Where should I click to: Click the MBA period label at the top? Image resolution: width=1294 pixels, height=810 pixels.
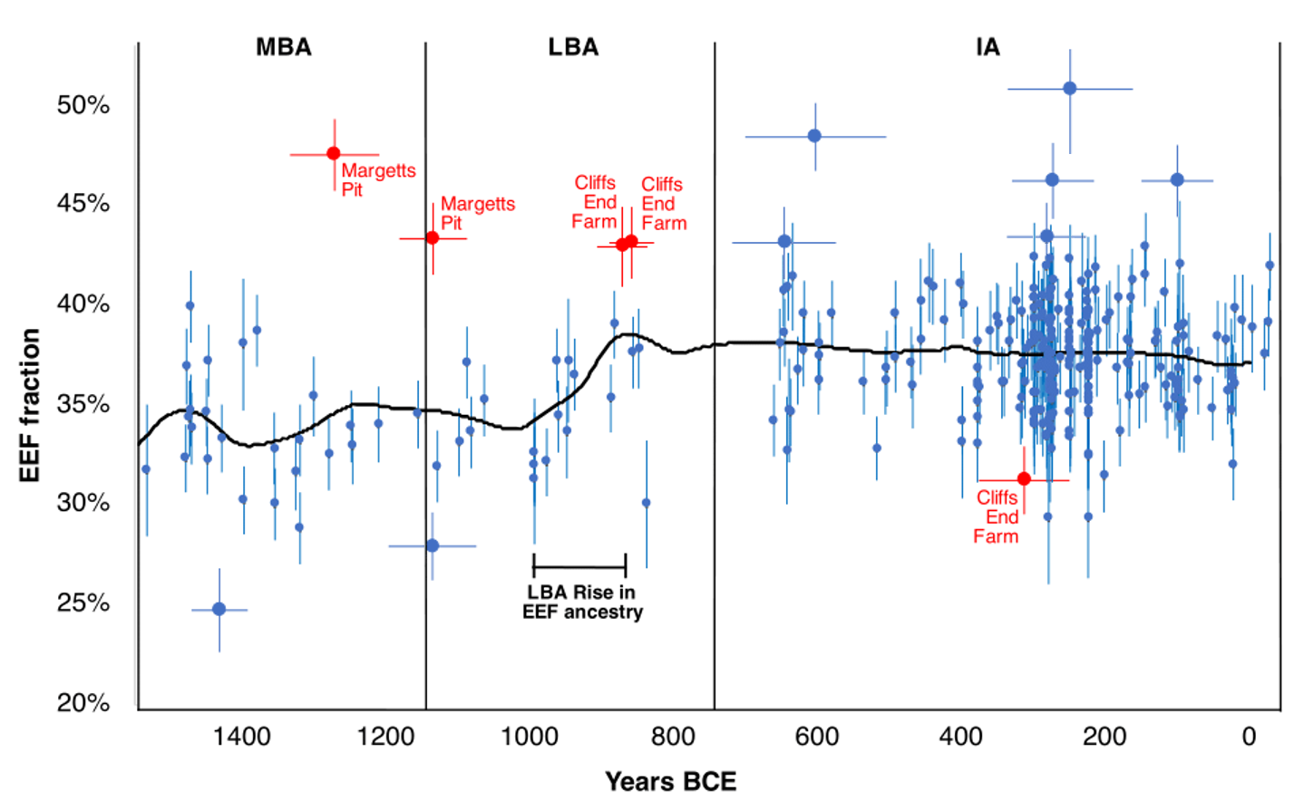pos(283,47)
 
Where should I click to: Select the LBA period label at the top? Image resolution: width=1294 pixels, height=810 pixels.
pos(573,47)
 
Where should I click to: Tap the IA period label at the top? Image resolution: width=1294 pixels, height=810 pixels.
pos(988,47)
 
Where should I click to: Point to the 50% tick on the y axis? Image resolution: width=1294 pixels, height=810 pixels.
pos(83,105)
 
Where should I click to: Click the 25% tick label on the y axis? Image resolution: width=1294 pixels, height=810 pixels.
pos(83,603)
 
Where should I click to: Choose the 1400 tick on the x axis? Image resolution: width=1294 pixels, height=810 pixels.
pos(241,736)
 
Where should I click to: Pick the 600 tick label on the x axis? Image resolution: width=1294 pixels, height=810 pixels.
pos(816,736)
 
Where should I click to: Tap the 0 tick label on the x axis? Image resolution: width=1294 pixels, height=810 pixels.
pos(1249,736)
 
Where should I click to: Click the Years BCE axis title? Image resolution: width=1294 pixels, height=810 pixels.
pos(670,781)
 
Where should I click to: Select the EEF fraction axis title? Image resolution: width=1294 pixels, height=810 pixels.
pos(30,405)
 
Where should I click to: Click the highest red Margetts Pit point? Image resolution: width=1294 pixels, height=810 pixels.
pos(334,154)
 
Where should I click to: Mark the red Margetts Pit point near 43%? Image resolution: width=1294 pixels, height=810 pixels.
pos(433,238)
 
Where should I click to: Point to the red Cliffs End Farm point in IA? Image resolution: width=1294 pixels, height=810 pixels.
pos(1024,479)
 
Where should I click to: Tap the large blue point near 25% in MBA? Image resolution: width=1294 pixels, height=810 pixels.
pos(219,610)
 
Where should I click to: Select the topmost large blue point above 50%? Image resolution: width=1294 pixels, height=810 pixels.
pos(1070,89)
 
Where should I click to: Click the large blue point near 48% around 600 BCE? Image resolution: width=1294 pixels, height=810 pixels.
pos(814,136)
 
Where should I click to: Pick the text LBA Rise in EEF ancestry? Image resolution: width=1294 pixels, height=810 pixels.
pos(582,603)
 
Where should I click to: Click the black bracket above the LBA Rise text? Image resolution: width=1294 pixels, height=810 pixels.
pos(579,566)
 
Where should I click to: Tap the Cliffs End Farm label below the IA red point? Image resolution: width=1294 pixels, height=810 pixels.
pos(997,517)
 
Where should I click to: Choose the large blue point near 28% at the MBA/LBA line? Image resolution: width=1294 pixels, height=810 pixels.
pos(433,546)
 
